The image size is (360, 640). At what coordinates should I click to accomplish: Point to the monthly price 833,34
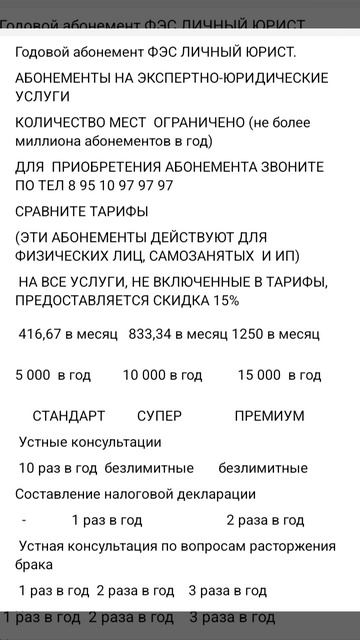point(153,333)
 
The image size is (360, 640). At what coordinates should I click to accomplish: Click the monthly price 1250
point(248,333)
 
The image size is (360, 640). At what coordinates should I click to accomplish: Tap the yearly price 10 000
point(146,375)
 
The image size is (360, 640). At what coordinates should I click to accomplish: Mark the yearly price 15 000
point(261,375)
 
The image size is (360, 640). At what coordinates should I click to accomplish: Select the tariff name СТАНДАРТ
point(69,416)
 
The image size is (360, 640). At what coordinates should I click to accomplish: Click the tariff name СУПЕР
point(159,416)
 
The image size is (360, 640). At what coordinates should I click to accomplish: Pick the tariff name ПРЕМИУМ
point(270,416)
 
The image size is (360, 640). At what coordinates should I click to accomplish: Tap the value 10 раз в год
point(57,468)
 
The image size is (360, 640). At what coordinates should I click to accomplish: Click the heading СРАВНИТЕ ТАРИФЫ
point(82,211)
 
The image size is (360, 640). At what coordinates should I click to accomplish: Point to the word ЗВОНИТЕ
point(302,166)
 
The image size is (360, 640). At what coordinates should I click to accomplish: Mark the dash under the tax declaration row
point(23,520)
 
